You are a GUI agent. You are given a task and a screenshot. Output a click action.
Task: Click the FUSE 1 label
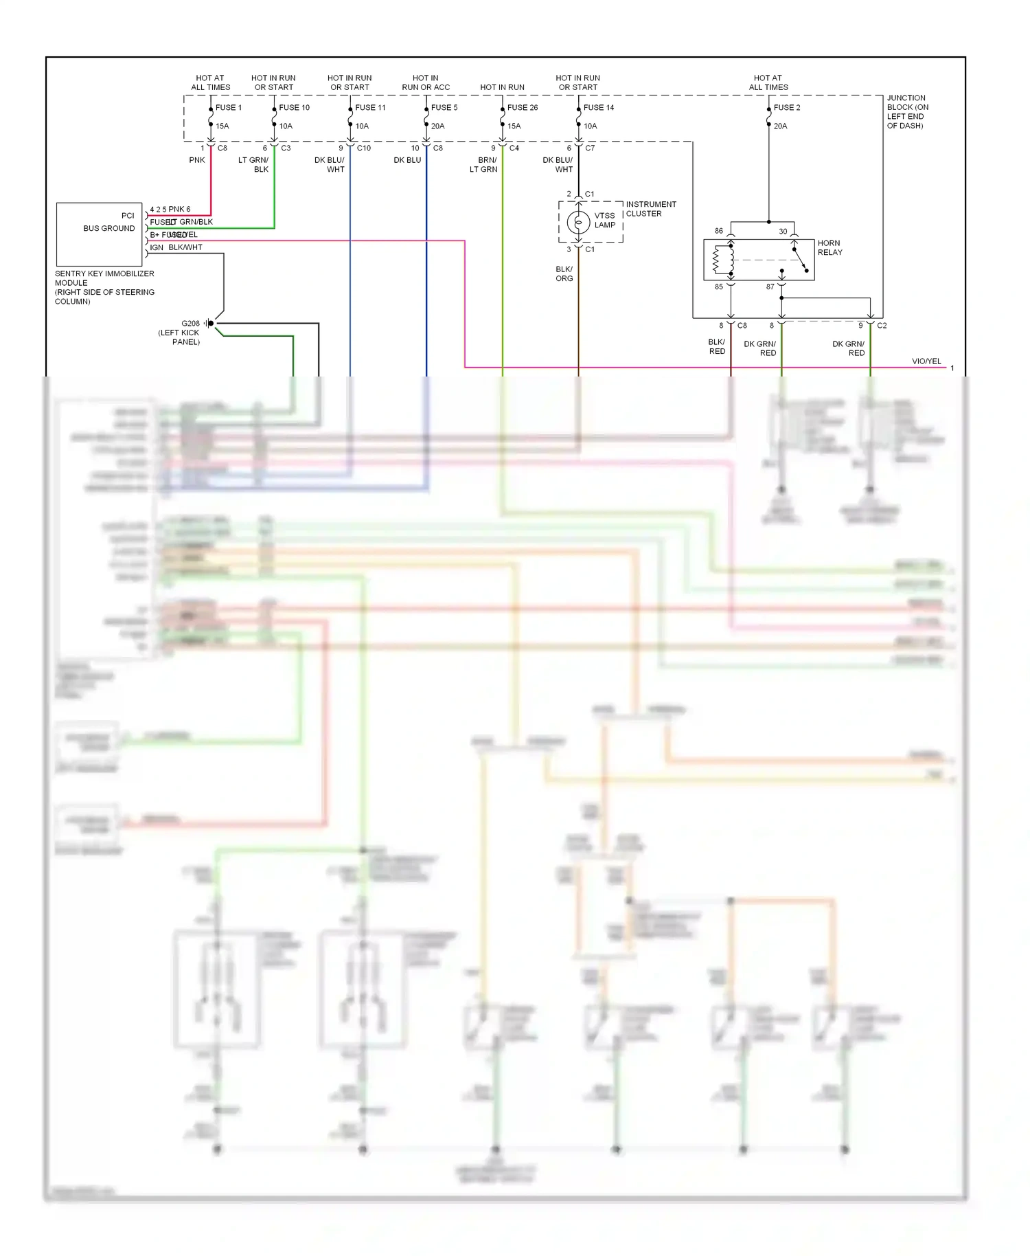click(228, 108)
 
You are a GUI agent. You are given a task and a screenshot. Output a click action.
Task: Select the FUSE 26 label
click(522, 108)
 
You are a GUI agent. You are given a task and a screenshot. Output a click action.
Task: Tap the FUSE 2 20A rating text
click(780, 126)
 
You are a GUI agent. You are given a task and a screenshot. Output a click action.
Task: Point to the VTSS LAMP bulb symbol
click(578, 222)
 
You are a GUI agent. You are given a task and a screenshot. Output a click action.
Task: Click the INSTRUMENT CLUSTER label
click(650, 209)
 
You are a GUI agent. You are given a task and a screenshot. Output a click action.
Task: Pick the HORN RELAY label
click(829, 248)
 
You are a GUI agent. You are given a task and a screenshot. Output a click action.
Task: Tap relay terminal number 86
click(718, 232)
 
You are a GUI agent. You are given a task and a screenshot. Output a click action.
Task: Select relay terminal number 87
click(770, 287)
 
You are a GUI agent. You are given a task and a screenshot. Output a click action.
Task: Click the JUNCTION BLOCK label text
click(907, 112)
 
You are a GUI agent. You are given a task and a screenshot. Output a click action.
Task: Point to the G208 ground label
click(190, 324)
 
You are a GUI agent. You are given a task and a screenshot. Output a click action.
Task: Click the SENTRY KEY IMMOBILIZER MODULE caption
click(104, 287)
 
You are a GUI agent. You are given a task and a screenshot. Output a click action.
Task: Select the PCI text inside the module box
click(128, 216)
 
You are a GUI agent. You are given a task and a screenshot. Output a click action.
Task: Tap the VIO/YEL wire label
click(926, 361)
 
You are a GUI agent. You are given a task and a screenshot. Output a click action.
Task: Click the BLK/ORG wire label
click(564, 274)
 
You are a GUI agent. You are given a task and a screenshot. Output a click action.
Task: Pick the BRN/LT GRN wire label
click(483, 165)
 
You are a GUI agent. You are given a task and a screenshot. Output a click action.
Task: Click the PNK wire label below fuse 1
click(197, 160)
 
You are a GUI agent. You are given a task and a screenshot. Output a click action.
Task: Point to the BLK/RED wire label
click(716, 347)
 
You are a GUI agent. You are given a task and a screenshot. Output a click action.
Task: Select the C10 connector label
click(364, 148)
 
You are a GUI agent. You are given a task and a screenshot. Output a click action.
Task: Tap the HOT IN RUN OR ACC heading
click(426, 83)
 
